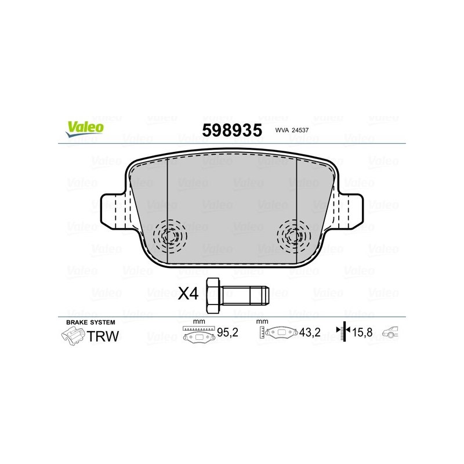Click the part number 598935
[231, 128]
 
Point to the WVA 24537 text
[292, 130]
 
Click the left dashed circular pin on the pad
[169, 236]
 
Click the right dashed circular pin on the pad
[294, 236]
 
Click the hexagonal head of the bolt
[213, 293]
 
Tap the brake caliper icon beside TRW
[72, 336]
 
